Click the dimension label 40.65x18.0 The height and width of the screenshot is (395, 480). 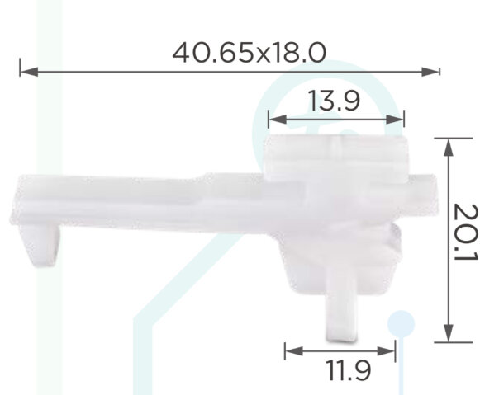pos(249,53)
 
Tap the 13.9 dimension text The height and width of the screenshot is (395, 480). pos(335,101)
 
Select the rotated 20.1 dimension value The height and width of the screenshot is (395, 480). pos(466,233)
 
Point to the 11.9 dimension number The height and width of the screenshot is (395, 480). pos(349,370)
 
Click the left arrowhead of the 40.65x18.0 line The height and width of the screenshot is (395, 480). pos(30,72)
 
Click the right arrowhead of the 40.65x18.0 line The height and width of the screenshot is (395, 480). pos(430,72)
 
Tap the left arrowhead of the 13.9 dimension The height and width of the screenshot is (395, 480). pos(278,120)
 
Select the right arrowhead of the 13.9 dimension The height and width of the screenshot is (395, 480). pos(395,120)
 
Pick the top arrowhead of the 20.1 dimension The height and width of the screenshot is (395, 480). pos(449,148)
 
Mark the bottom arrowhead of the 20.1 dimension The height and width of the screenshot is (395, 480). pos(449,333)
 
